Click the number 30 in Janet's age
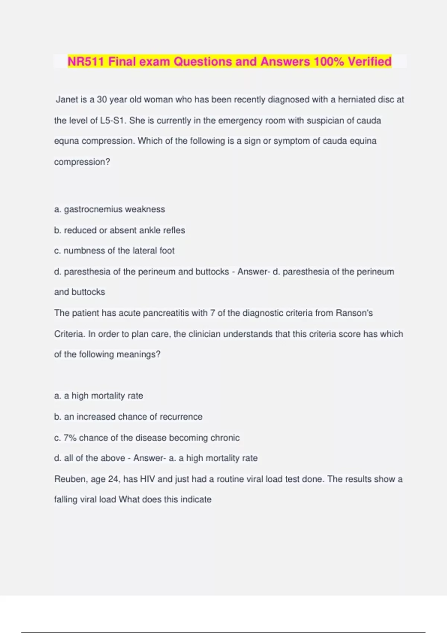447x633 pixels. point(102,100)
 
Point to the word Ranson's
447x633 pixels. point(354,313)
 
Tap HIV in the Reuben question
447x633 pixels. point(148,479)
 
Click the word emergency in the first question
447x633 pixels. point(238,121)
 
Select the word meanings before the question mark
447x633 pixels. point(136,354)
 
